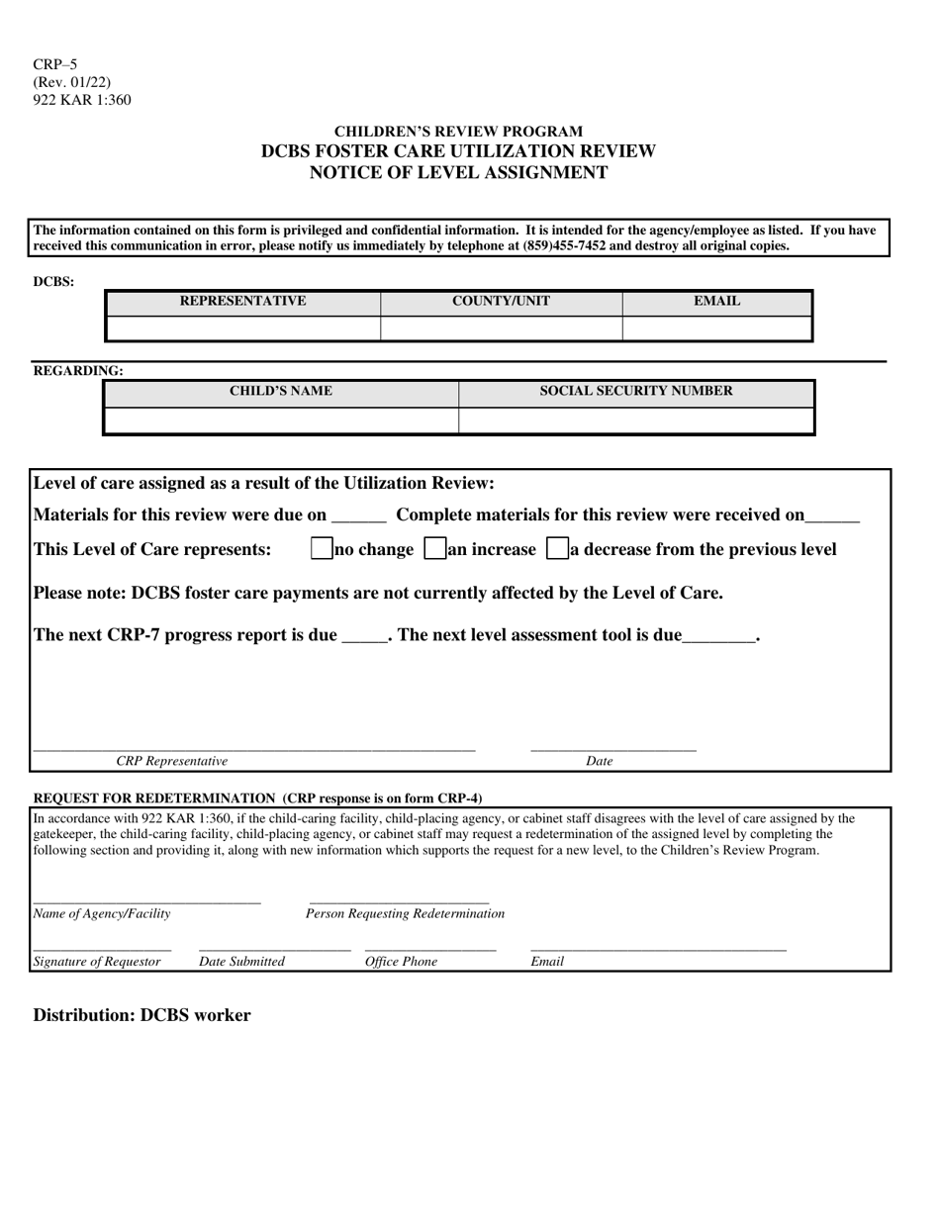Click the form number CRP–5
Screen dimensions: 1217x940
click(54, 64)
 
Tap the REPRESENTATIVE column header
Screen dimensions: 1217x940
click(242, 302)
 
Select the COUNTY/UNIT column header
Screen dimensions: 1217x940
click(501, 302)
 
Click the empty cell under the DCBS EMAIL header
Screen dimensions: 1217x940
click(716, 328)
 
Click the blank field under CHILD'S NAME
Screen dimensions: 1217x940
click(281, 421)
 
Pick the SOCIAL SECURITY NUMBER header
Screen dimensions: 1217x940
click(636, 392)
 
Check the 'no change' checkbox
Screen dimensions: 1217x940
click(322, 549)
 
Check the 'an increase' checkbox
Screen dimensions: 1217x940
click(434, 549)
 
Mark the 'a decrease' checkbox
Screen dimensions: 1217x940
click(557, 549)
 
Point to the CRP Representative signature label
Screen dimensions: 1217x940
click(171, 761)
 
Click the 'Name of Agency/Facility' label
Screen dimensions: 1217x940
click(102, 913)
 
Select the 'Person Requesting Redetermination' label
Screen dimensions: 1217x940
click(405, 913)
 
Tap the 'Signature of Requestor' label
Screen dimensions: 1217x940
click(97, 962)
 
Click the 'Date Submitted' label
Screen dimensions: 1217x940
click(241, 962)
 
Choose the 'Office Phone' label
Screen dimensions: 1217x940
click(401, 962)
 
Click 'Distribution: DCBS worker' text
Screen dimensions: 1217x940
click(142, 1015)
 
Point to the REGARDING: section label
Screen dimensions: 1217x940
click(79, 371)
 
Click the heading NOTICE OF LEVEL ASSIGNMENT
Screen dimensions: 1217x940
click(458, 173)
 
